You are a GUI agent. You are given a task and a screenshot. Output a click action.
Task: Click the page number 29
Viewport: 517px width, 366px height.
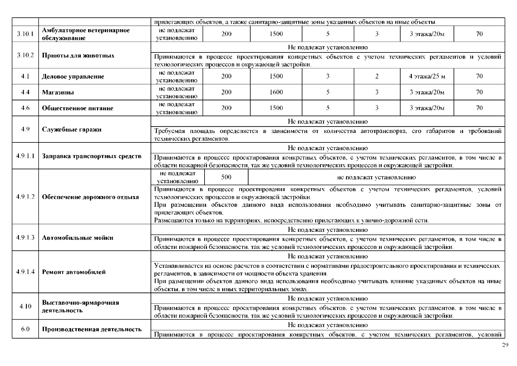(x=505, y=345)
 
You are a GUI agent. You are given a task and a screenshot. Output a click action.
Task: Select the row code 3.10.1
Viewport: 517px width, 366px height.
(x=25, y=34)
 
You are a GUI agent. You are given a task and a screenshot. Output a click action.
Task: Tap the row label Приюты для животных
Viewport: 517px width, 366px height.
(x=78, y=56)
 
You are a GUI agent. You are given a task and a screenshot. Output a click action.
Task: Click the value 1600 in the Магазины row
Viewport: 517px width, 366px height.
(x=276, y=92)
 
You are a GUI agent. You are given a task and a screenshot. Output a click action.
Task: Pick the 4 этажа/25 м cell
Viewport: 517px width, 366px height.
(x=427, y=77)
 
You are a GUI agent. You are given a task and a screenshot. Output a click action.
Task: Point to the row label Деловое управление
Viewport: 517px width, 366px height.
(x=73, y=77)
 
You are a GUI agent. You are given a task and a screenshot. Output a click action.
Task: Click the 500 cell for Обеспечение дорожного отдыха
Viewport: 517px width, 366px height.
(x=226, y=177)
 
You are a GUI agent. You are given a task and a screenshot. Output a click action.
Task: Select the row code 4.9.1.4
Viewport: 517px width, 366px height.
(x=25, y=272)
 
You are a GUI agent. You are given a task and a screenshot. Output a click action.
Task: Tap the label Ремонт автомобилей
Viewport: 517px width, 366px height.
(x=74, y=272)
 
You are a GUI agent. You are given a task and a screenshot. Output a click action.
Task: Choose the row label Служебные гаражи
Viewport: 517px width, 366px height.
(x=72, y=129)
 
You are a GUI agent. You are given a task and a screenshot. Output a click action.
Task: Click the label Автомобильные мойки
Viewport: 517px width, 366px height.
(x=77, y=238)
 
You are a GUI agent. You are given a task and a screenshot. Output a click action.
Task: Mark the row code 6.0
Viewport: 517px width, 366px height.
(x=25, y=329)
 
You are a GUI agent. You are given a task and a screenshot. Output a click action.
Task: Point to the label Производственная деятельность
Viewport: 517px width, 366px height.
(x=92, y=329)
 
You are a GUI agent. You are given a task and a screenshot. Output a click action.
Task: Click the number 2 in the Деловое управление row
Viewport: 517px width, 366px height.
(x=377, y=77)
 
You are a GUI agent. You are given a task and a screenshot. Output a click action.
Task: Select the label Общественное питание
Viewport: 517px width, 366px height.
(x=77, y=108)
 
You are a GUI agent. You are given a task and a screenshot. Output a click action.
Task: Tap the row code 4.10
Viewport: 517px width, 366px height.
(x=25, y=307)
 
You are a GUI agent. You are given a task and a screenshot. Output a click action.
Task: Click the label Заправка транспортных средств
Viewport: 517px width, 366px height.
(x=92, y=156)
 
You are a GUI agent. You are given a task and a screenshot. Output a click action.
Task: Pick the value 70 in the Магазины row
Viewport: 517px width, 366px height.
(x=479, y=92)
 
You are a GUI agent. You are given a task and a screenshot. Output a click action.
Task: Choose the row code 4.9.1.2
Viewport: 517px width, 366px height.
(x=25, y=197)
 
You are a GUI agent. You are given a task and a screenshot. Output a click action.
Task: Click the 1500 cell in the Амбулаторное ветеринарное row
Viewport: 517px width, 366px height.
(x=276, y=34)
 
